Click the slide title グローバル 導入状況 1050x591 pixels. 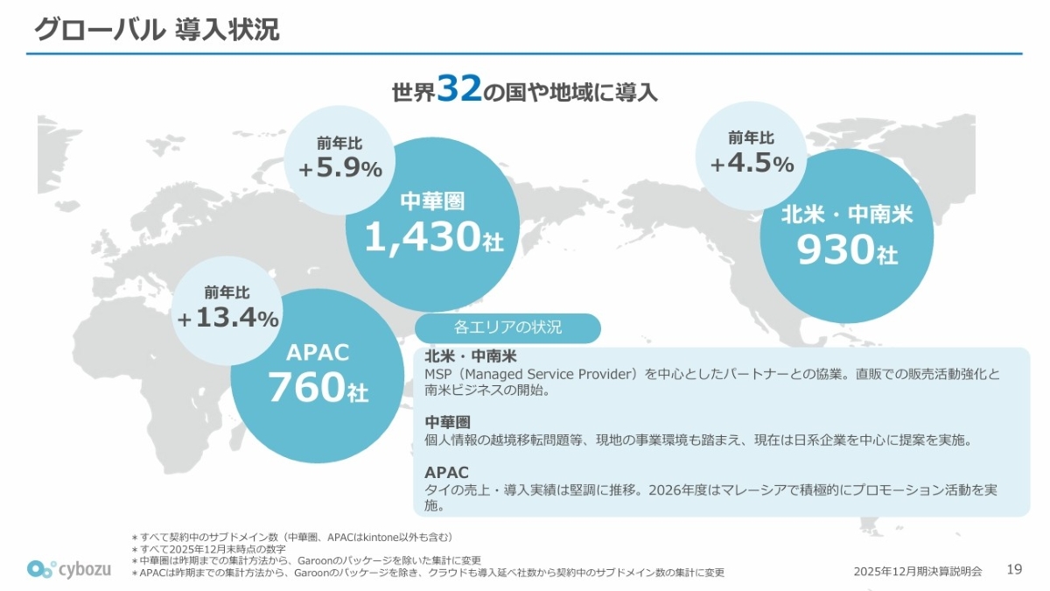[x=157, y=30]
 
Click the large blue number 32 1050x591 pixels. [x=459, y=89]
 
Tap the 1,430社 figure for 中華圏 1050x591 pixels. [x=433, y=236]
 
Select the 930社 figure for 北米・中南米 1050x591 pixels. [x=846, y=250]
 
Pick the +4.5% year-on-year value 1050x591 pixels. [x=752, y=164]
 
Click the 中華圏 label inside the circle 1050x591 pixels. [x=432, y=201]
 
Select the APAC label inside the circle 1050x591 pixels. [x=318, y=353]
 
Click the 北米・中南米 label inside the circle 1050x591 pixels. [x=846, y=215]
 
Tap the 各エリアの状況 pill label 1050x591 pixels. [x=507, y=328]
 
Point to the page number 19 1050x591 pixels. [x=1014, y=570]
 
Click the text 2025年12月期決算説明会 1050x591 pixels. [x=918, y=572]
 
